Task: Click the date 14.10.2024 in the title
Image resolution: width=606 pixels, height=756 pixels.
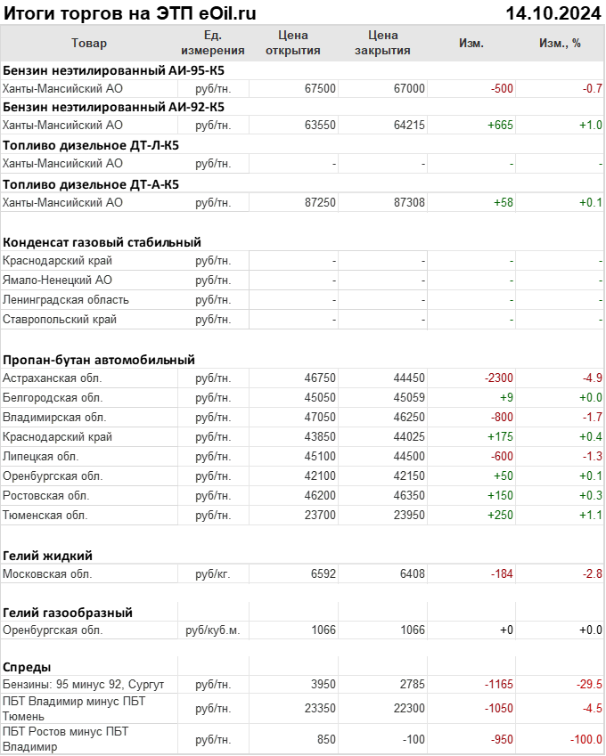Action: click(x=553, y=13)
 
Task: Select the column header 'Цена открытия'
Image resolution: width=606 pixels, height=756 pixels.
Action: click(x=293, y=43)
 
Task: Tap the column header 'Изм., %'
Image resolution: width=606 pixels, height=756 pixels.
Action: click(x=560, y=43)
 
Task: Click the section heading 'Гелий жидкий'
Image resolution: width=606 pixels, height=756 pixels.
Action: click(x=48, y=556)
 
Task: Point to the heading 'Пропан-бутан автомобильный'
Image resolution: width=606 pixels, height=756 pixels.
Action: click(x=99, y=360)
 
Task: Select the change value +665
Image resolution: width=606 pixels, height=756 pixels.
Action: click(x=500, y=126)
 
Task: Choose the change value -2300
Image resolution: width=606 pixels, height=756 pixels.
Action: click(x=498, y=378)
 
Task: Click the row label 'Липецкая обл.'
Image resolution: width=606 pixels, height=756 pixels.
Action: click(x=41, y=457)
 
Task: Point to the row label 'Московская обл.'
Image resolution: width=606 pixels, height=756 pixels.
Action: click(x=47, y=574)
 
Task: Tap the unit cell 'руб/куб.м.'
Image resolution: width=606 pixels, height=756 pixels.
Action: click(x=213, y=630)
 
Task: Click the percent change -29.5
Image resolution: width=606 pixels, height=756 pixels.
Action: click(x=587, y=685)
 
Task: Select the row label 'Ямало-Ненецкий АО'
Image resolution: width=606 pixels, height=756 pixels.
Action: click(x=57, y=280)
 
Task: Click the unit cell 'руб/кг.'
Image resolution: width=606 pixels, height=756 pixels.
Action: click(x=213, y=574)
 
